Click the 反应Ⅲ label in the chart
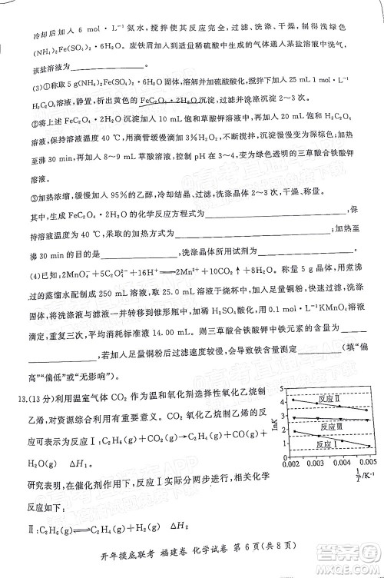coord(331,427)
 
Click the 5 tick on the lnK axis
coord(284,387)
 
